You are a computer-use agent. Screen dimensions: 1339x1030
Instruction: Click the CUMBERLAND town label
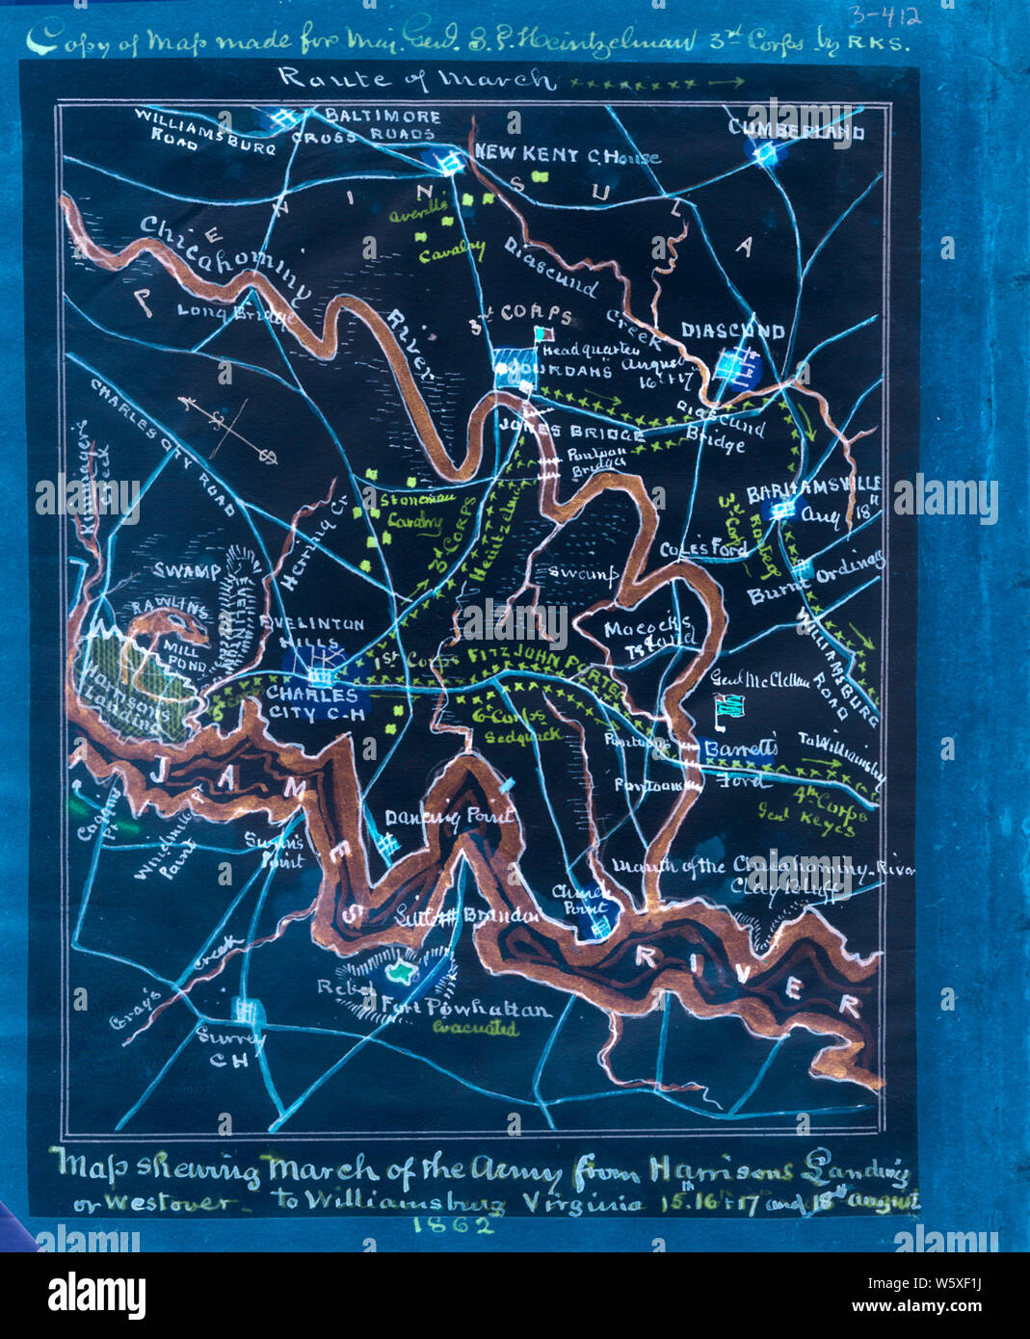tap(796, 130)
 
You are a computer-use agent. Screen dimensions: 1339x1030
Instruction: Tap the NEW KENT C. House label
tap(567, 155)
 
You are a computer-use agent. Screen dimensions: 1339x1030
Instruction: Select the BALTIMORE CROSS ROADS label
tap(383, 126)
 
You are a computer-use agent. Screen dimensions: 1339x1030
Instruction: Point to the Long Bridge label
tap(231, 313)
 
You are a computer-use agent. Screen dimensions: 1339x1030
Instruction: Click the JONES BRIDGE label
tap(571, 433)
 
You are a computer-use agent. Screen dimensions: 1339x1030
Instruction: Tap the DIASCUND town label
tap(732, 330)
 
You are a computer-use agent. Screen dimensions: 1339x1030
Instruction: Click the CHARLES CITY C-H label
tap(311, 703)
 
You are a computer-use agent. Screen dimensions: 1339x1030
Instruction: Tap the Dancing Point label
tap(449, 817)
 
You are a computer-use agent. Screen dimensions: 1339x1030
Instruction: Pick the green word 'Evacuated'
tap(474, 1029)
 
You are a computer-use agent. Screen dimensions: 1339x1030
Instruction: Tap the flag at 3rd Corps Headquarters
tap(544, 333)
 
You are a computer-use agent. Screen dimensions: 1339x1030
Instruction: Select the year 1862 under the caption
tap(453, 1224)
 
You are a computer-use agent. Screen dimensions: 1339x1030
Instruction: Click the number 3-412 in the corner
tap(884, 16)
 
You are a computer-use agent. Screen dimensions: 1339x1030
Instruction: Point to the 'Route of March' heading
tap(417, 79)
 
